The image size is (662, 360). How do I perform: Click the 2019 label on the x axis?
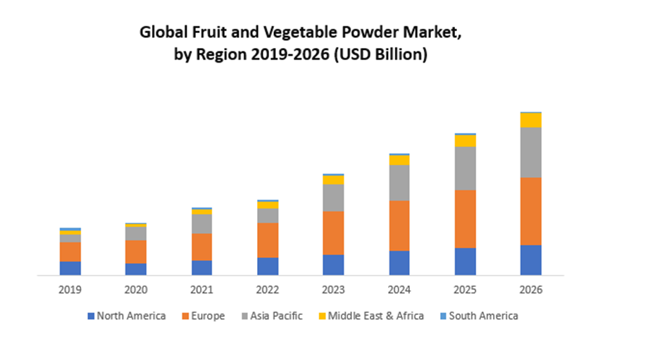coord(70,290)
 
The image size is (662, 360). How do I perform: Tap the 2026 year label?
coord(531,290)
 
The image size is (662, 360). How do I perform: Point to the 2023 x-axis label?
coord(333,290)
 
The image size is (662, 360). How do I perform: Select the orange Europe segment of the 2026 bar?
coord(531,211)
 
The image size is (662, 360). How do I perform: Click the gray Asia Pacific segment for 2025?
coord(465,168)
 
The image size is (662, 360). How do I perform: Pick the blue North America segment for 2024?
coord(399,262)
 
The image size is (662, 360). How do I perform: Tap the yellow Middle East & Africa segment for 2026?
coord(531,120)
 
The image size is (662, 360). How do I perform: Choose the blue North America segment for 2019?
coord(70,268)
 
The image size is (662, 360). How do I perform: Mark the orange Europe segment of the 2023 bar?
coord(333,232)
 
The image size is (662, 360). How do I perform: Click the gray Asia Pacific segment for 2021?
coord(201,223)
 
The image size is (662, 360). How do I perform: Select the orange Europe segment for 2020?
coord(136,252)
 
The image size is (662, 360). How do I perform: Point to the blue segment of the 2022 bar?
coord(268,266)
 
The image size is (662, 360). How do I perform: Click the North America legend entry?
coord(127,316)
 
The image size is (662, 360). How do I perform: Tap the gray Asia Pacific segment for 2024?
coord(399,182)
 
